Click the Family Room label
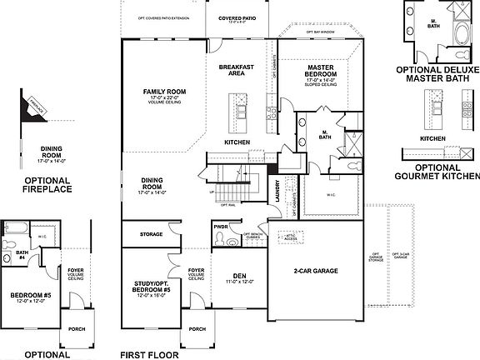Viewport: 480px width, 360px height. (164, 91)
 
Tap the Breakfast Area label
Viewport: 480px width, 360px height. (236, 69)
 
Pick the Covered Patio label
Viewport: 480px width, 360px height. (237, 17)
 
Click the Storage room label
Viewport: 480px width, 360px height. (152, 234)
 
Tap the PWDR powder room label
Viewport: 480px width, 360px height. (222, 225)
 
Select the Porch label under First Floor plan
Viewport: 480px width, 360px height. (197, 329)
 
